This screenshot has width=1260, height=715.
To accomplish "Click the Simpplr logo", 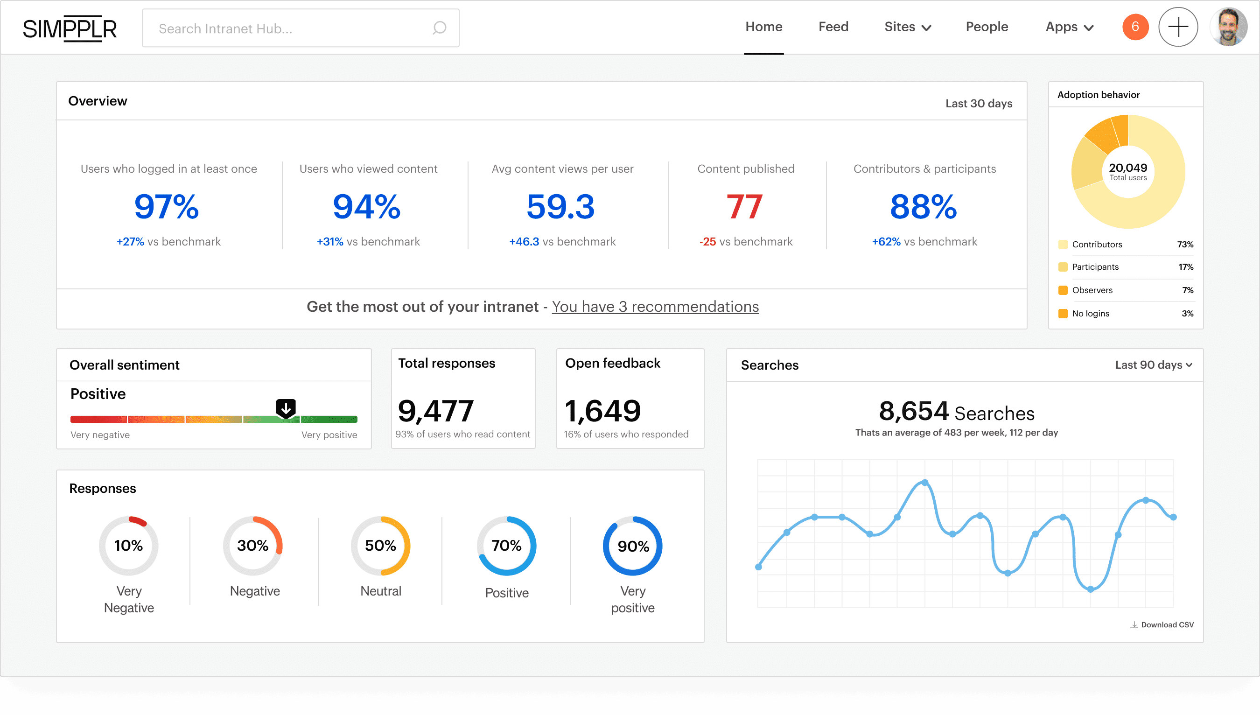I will coord(70,28).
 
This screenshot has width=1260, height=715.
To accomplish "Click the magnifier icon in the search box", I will coord(439,28).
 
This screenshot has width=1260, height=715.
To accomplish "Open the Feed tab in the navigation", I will coord(833,27).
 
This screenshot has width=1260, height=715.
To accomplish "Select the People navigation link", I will coord(987,27).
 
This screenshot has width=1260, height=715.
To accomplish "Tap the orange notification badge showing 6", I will coord(1135,27).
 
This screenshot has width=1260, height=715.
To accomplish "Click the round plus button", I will coord(1177,27).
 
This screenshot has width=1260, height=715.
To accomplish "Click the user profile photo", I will coord(1228,27).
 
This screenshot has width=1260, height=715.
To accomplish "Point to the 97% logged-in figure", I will coord(167,207).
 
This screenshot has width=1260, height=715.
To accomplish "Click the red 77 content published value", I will coord(744,207).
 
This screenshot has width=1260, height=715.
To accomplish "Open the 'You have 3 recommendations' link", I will coord(655,307).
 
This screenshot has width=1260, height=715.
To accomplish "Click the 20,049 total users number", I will coord(1128,168).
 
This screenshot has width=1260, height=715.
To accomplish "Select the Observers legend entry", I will coord(1092,290).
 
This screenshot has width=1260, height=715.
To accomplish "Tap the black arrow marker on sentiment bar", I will coord(285,408).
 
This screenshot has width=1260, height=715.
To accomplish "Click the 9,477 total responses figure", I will coord(435,411).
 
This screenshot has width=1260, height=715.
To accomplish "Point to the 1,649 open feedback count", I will coord(602,411).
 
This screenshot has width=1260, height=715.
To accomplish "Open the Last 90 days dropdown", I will coord(1153,365).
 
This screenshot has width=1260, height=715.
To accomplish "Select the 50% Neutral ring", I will coord(380,546).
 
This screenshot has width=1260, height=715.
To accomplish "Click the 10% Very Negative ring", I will coord(129,546).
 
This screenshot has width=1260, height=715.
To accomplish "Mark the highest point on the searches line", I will coord(924,483).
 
